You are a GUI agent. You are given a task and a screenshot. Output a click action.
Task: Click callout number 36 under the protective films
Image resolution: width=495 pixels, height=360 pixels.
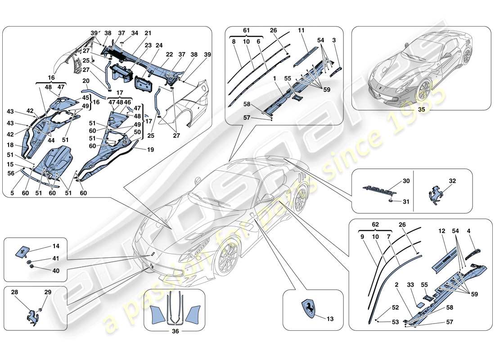175,333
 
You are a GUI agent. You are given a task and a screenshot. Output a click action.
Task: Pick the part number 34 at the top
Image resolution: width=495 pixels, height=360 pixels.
135,33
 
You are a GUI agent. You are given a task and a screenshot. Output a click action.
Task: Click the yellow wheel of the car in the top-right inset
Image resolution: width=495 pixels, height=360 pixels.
423,93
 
